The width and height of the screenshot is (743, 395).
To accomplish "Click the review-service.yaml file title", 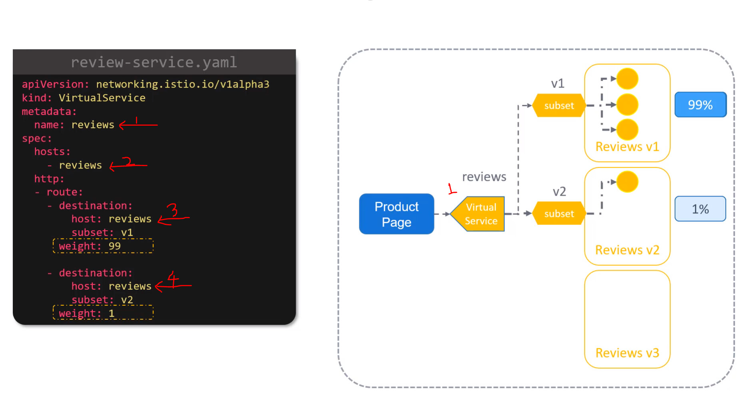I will tap(154, 62).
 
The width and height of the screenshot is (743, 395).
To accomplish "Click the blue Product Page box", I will tap(396, 214).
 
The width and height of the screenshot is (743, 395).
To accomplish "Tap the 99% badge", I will tap(700, 105).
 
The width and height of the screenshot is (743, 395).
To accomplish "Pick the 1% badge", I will tap(700, 209).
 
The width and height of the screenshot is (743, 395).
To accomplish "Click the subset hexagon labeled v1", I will tap(559, 106).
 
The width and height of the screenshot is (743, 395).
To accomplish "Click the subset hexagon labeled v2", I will tap(559, 214).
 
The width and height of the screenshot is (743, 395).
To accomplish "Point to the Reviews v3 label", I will tap(627, 353).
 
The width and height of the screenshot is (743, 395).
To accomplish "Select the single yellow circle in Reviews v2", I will tap(627, 182).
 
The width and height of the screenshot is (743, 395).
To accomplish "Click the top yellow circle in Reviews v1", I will tap(627, 79).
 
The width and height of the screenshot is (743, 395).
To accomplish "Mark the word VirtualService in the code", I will tap(102, 98).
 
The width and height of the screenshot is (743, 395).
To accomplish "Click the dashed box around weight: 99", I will tap(103, 246).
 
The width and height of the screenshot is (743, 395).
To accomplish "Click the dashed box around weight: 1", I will tap(103, 313).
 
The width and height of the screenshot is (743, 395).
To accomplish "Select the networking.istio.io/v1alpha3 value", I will tap(183, 84).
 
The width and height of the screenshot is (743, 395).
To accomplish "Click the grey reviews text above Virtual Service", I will tap(484, 177).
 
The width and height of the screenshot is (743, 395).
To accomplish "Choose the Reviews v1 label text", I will tap(627, 147).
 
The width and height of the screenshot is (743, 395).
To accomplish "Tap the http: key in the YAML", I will tap(49, 179).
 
